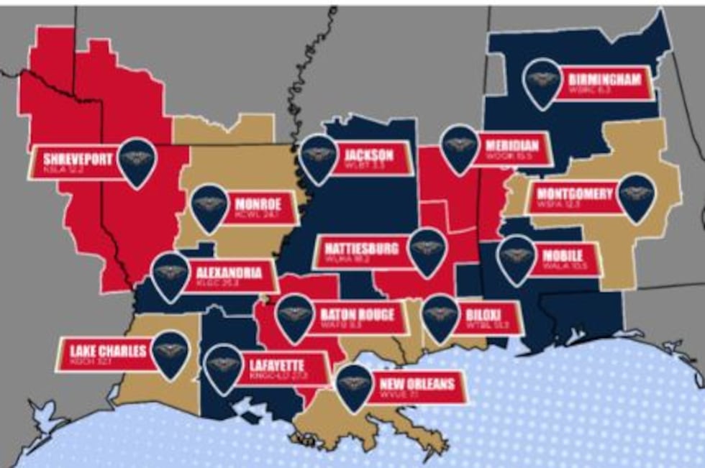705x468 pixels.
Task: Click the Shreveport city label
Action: pos(78,159)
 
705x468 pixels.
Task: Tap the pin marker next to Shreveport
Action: pos(137,160)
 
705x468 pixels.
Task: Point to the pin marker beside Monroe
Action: pos(209,206)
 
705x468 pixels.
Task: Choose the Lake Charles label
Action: pos(108,351)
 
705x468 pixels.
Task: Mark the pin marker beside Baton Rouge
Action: pos(295,316)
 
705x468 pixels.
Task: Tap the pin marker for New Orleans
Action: pos(355,385)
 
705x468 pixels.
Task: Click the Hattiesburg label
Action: pos(361,249)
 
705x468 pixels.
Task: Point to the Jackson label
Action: pos(368,155)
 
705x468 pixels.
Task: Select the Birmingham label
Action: pos(604,79)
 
